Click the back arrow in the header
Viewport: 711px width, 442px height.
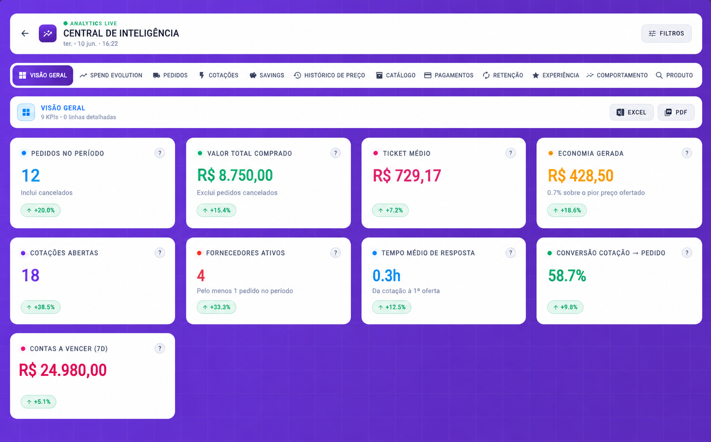tap(25, 34)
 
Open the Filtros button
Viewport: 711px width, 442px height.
tap(666, 34)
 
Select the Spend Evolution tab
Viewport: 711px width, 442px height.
tap(111, 75)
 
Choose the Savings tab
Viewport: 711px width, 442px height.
tap(267, 75)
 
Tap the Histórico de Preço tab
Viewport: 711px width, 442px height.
tap(329, 75)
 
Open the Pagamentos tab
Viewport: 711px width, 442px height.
tap(449, 75)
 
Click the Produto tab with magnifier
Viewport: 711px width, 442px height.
tap(674, 75)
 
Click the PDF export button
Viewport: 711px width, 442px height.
tap(676, 112)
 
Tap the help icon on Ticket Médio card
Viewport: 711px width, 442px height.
tap(510, 153)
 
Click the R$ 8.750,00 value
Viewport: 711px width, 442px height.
tap(235, 175)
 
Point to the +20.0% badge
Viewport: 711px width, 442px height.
tap(41, 210)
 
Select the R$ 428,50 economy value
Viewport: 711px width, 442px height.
tap(581, 176)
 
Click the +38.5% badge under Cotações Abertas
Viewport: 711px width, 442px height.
tap(41, 307)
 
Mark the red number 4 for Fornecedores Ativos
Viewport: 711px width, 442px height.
tap(201, 275)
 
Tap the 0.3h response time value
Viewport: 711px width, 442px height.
tap(386, 275)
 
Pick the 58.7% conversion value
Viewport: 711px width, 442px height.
tap(567, 276)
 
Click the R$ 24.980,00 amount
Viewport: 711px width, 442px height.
tap(63, 370)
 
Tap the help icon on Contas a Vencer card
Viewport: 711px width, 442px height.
tap(160, 348)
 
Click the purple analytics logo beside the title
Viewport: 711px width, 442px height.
tap(48, 34)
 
